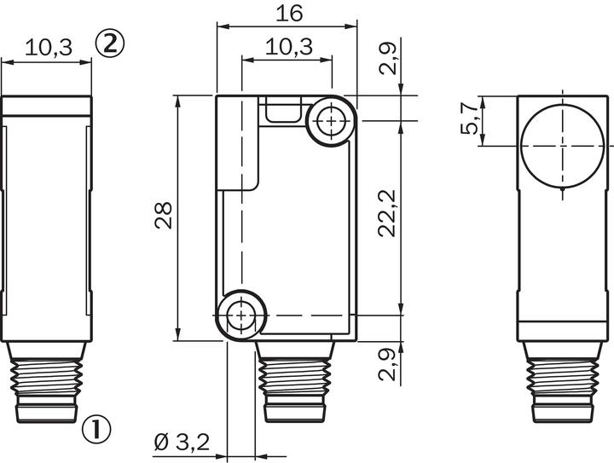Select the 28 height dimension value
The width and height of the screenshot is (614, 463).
[164, 217]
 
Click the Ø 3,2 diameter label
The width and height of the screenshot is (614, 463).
[182, 443]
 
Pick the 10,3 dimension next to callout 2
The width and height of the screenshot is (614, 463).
[47, 47]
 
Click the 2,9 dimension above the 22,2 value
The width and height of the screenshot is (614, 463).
[388, 59]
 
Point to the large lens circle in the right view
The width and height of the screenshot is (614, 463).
[563, 144]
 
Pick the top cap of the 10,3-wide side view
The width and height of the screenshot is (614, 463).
[46, 106]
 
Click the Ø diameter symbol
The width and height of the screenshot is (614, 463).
[160, 443]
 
